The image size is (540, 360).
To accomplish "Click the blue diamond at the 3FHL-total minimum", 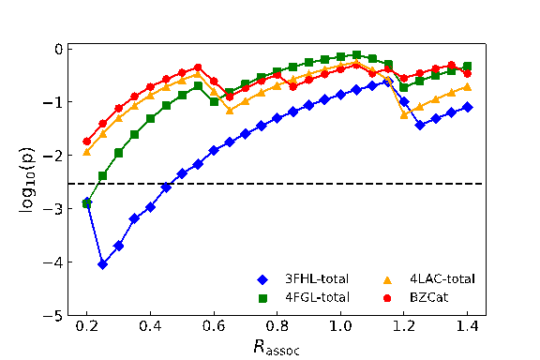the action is [102, 264].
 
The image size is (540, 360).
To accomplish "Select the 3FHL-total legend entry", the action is [303, 279].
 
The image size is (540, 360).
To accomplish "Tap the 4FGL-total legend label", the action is [317, 297].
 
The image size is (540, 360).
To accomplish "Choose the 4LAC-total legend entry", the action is [429, 279].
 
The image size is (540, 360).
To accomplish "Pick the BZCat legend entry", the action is [415, 297].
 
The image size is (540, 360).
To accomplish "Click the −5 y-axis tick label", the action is [52, 316].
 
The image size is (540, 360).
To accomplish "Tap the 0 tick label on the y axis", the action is [59, 50].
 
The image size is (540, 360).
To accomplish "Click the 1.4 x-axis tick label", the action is [467, 326].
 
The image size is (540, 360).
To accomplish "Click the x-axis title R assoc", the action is [277, 347].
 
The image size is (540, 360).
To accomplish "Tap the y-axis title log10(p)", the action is [26, 180].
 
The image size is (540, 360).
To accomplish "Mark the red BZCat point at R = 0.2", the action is [87, 142].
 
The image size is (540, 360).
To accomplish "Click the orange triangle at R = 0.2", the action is [87, 152].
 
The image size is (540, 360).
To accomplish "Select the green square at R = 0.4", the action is [151, 118].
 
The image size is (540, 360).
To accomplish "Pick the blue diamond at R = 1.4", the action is [467, 107].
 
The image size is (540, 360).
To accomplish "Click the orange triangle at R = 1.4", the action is [467, 87].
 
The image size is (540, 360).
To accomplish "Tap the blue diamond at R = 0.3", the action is [119, 246].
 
